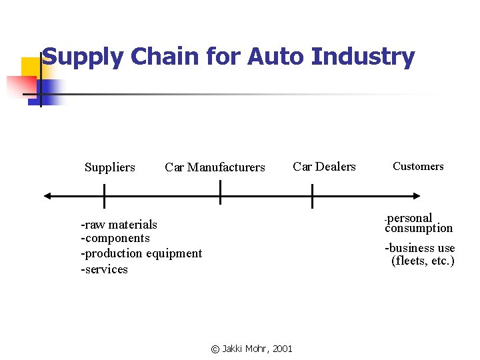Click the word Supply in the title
[x=83, y=57]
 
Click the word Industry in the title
[x=363, y=57]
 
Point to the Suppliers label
[x=110, y=167]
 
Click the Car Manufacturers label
[x=215, y=167]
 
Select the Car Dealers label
[x=325, y=167]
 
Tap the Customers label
[x=418, y=167]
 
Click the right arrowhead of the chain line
[x=417, y=196]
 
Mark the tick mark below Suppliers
[x=104, y=196]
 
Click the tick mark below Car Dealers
[x=312, y=196]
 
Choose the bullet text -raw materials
[x=119, y=224]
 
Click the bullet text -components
[x=115, y=238]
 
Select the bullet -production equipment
[x=141, y=253]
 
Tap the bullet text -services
[x=104, y=269]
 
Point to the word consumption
[x=419, y=228]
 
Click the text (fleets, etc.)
[x=423, y=261]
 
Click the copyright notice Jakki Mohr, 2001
[x=251, y=349]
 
